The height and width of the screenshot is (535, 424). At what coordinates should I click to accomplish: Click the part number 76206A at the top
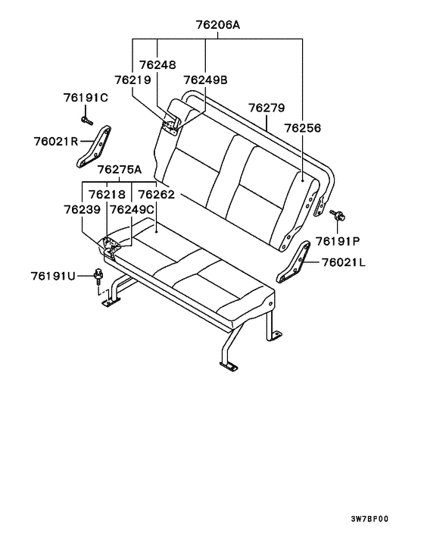coord(217,24)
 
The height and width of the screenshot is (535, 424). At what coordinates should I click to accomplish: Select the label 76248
coord(157,64)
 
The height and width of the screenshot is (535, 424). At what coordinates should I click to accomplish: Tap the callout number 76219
coord(132,80)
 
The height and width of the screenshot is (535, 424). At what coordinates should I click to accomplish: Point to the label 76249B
coord(205,80)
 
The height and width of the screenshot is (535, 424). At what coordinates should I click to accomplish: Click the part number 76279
coord(267,108)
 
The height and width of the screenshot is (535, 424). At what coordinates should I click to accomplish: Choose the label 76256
coord(303,128)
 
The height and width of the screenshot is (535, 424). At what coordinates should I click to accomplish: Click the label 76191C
coord(86,98)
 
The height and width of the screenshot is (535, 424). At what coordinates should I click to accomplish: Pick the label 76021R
coord(56,141)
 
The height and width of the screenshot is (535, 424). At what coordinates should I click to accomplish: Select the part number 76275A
coord(120,169)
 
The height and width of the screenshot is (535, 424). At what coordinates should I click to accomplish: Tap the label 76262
coord(156,195)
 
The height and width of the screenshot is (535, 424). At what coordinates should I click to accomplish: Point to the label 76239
coord(82,209)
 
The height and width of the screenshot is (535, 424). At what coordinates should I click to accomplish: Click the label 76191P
coord(338,241)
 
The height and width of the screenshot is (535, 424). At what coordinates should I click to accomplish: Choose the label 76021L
coord(343,262)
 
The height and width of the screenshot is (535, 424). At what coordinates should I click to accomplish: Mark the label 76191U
coord(53,276)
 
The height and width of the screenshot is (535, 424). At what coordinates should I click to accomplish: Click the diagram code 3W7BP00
coord(369,519)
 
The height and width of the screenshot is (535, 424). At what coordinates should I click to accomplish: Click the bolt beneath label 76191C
coord(86,120)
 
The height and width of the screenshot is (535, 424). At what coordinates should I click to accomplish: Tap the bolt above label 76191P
coord(338,215)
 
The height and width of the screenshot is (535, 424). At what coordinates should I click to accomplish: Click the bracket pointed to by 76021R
coord(93,147)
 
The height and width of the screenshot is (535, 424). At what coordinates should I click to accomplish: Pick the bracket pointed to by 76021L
coord(293,262)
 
